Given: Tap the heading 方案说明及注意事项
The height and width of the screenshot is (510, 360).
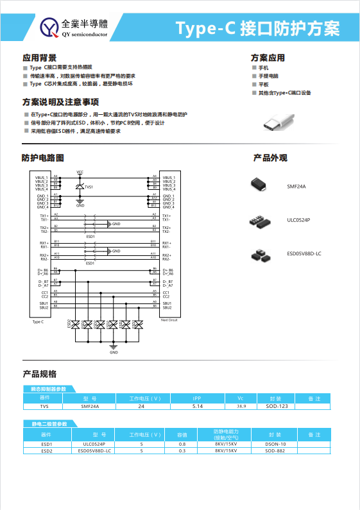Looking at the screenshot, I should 60,102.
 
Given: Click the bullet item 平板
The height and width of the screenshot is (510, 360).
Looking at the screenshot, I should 264,84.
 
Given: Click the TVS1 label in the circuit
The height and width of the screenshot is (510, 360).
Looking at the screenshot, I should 89,187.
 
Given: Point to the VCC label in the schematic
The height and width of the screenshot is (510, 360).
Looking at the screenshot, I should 80,172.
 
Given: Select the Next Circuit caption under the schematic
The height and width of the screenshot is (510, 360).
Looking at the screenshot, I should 168,319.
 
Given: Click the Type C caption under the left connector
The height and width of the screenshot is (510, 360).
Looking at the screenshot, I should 38,321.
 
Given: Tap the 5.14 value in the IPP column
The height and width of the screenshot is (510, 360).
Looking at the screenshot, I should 198,406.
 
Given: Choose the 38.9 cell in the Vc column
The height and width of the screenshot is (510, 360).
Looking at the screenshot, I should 241,406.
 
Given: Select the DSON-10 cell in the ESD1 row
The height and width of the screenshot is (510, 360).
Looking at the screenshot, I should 275,444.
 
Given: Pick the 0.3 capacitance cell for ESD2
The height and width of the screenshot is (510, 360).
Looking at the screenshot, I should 182,450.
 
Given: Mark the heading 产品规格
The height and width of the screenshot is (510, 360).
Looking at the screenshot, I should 39,373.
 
